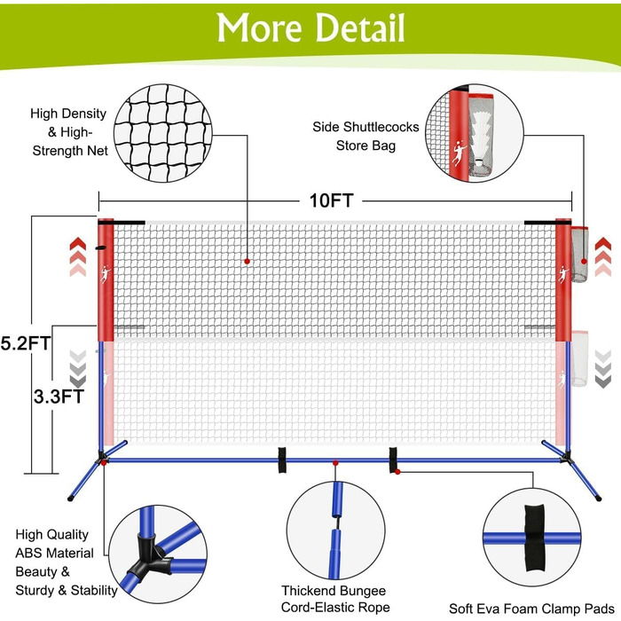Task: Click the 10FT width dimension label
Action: tap(331, 200)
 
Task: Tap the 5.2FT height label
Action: tap(26, 343)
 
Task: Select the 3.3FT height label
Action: tap(59, 396)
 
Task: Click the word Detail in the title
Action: tap(360, 28)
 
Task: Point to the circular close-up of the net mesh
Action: tap(163, 133)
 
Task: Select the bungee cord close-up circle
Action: tap(336, 531)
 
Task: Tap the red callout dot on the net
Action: tap(248, 262)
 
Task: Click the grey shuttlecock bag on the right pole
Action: tap(579, 255)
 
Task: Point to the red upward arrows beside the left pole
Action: tap(78, 256)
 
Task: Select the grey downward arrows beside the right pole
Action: tap(603, 369)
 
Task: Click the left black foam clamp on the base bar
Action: tap(282, 460)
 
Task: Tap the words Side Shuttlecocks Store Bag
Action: tap(366, 137)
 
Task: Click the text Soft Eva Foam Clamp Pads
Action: tap(531, 609)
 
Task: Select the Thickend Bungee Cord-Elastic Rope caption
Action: tap(335, 599)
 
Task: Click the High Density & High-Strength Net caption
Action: tap(69, 132)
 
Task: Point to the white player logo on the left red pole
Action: tap(106, 274)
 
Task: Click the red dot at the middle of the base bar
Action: tap(335, 463)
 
